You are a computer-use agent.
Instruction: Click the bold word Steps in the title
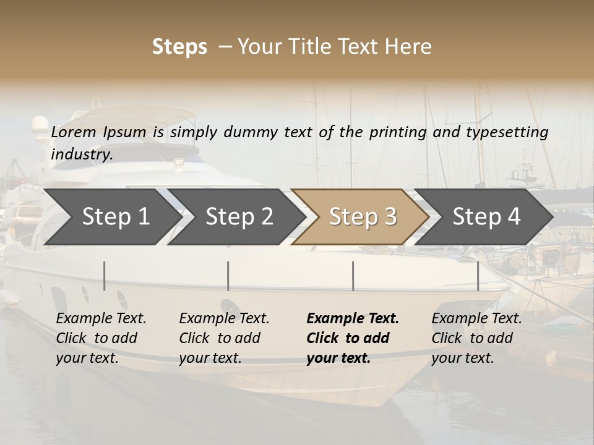coord(179,47)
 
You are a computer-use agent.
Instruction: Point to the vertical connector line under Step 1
coord(105,276)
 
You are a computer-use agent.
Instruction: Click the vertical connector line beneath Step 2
coord(228,276)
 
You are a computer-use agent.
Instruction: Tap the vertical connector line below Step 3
coord(353,276)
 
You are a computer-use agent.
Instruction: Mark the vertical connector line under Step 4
coord(478,276)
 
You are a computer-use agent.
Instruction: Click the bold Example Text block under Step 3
coord(353,338)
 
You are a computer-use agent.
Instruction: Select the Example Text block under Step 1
coord(101,338)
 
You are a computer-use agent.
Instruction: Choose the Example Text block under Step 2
coord(224,338)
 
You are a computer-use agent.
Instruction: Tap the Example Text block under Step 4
coord(476,338)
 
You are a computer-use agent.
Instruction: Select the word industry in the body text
coord(82,155)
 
